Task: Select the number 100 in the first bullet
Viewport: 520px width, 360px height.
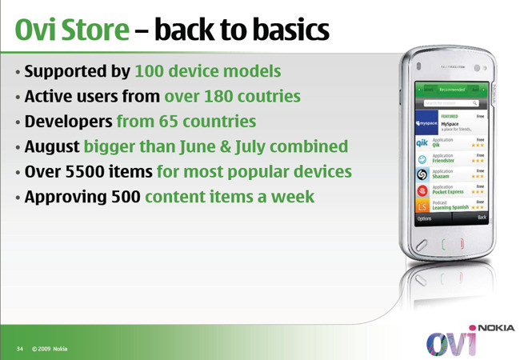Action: click(x=149, y=71)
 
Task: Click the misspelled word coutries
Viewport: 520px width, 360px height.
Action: click(x=262, y=97)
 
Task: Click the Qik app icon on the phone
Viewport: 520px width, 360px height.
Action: click(x=422, y=142)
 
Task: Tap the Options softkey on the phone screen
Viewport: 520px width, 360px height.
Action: click(x=424, y=217)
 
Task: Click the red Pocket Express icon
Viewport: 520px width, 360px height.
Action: click(x=422, y=190)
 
